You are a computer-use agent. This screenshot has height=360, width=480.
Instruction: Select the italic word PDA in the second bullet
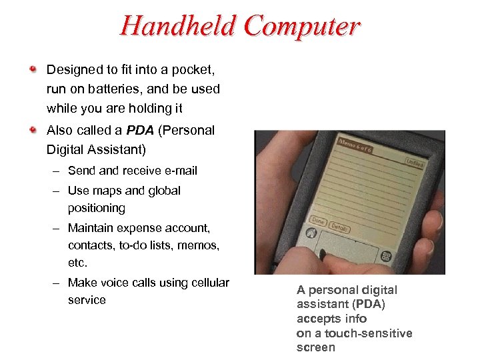click(x=141, y=130)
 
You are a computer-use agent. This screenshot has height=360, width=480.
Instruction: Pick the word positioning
click(x=96, y=208)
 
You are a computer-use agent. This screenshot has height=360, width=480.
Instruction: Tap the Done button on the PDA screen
click(x=318, y=221)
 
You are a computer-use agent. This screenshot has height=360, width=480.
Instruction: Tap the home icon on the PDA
click(x=310, y=234)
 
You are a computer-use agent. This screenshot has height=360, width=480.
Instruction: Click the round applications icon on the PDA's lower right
click(x=385, y=257)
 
